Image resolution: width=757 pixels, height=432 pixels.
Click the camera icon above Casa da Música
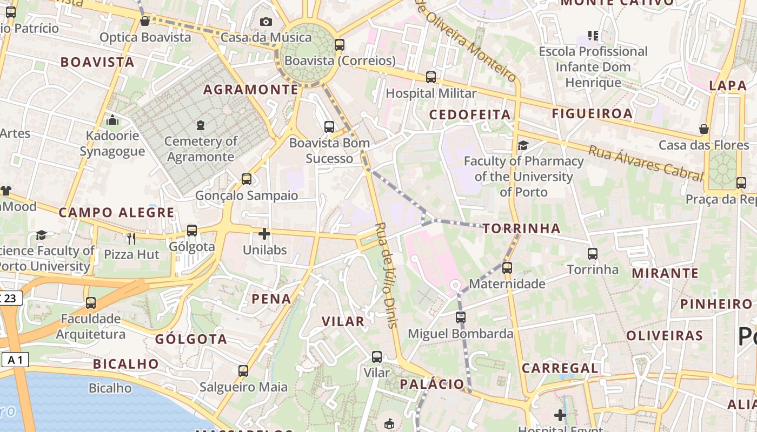(x=265, y=22)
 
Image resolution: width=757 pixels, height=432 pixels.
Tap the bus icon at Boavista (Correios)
(x=340, y=45)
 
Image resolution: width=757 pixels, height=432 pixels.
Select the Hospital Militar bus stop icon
(x=431, y=77)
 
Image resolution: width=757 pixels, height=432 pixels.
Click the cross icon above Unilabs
(x=264, y=234)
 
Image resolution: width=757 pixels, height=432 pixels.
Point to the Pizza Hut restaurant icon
(x=131, y=238)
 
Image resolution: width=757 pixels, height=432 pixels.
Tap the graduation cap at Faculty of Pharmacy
(x=523, y=145)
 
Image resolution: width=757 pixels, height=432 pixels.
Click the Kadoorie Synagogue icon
(x=112, y=120)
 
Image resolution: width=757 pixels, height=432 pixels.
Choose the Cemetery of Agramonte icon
(x=201, y=125)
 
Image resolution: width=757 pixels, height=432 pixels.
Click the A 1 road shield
(x=15, y=360)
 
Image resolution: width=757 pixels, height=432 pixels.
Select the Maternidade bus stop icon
(x=507, y=267)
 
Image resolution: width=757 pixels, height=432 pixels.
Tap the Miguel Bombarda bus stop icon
(x=461, y=318)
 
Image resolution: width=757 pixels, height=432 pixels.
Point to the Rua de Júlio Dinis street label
(x=387, y=275)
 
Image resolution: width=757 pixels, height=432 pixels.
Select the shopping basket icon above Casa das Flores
(x=704, y=129)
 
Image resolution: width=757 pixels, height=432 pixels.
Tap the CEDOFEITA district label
(x=470, y=114)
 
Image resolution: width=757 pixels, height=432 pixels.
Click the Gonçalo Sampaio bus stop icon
(x=247, y=179)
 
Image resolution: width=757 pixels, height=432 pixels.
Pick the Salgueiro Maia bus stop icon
(x=243, y=371)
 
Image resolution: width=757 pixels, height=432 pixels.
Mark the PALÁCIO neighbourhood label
(x=432, y=384)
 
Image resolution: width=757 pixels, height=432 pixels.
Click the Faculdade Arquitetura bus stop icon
(x=91, y=302)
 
